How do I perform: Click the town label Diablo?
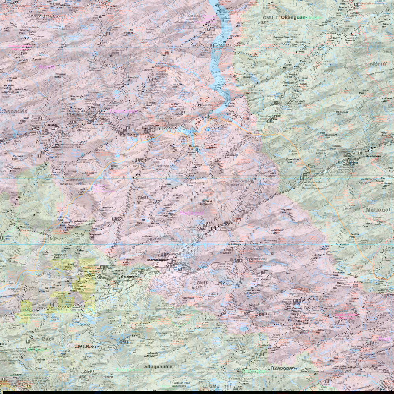pos(53,125)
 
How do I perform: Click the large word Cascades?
pos(14,112)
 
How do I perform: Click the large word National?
pos(377,210)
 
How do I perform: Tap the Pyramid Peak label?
pos(18,158)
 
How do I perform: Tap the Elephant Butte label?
pos(60,75)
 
